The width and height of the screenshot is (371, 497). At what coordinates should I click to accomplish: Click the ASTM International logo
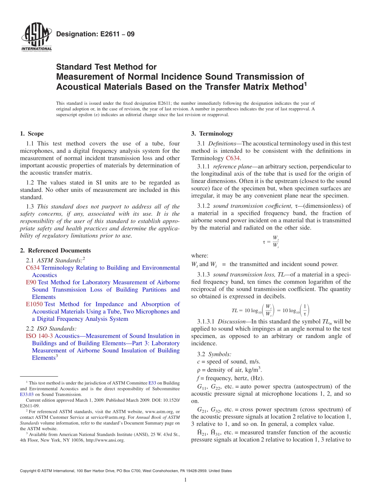point(36,38)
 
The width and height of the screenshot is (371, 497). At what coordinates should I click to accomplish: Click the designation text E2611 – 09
point(95,34)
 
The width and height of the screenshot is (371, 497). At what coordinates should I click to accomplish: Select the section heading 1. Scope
point(32,134)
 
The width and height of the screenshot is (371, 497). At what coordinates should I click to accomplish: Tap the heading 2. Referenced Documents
point(55,250)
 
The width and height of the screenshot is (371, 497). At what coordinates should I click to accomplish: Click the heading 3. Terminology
point(212,134)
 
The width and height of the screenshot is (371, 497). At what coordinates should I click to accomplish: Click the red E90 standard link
point(31,282)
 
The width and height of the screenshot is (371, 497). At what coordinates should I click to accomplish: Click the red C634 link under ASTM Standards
point(33,268)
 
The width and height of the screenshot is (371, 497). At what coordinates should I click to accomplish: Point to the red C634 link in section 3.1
point(233,158)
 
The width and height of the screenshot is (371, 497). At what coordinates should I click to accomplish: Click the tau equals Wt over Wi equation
point(271,242)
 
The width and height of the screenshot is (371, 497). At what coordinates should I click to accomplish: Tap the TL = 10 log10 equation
point(270,311)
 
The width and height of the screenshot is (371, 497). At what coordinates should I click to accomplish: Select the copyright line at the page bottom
point(126,471)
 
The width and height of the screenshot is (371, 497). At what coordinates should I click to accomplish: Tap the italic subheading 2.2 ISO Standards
point(51,329)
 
